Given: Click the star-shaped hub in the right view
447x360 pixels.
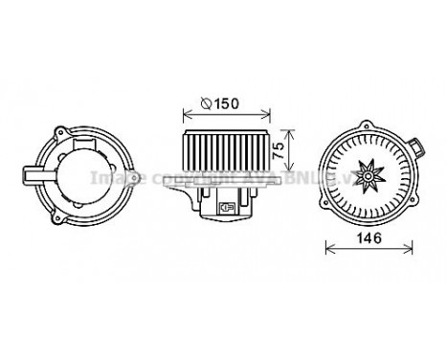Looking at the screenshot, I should [368, 174].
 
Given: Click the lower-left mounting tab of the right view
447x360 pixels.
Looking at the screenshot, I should [329, 214].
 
